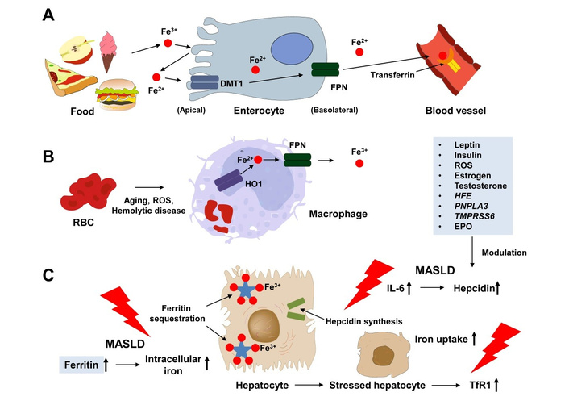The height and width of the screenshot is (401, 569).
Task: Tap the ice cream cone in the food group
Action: tap(109, 48)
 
